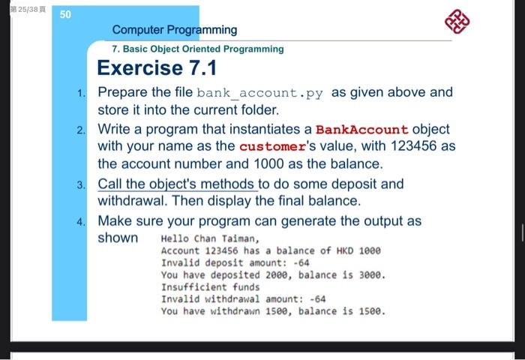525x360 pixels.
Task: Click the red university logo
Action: click(x=457, y=22)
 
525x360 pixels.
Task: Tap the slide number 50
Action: click(x=65, y=14)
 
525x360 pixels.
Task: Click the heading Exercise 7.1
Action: click(x=157, y=67)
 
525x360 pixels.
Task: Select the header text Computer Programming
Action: click(x=175, y=30)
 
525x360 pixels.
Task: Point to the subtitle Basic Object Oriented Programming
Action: click(x=203, y=49)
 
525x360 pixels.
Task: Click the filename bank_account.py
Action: click(x=259, y=93)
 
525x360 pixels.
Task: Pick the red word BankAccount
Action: click(x=361, y=130)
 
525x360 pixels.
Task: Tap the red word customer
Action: click(x=272, y=147)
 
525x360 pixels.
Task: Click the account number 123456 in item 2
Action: click(x=413, y=145)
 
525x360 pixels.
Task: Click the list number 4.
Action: click(x=81, y=222)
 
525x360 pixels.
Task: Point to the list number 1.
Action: click(x=81, y=93)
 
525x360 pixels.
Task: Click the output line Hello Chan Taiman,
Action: click(x=210, y=238)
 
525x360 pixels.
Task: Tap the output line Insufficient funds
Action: click(x=210, y=287)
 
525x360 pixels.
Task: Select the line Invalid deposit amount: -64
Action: click(x=235, y=263)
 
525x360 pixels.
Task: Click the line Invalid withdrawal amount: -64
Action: click(x=244, y=299)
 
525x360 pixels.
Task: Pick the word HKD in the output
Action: click(x=345, y=250)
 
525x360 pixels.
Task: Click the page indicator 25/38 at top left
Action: click(x=28, y=10)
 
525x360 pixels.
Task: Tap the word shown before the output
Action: click(x=118, y=238)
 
